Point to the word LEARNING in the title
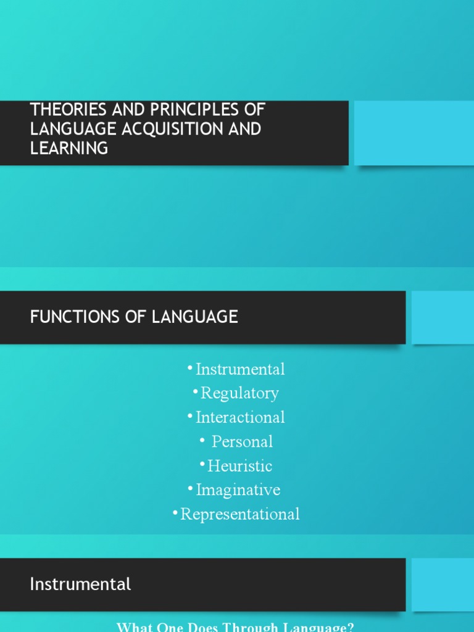[x=69, y=148]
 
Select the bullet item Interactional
[x=240, y=417]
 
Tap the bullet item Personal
[x=242, y=441]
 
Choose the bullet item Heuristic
[x=239, y=466]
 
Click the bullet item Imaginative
[x=238, y=490]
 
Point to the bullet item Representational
[x=240, y=514]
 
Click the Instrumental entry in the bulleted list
[x=240, y=369]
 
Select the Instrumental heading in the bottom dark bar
[x=80, y=584]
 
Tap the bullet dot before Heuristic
[x=202, y=463]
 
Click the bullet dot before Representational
[x=175, y=511]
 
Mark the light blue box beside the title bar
[x=414, y=133]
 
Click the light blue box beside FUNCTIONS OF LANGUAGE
[x=442, y=317]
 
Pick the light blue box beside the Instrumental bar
[x=442, y=584]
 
